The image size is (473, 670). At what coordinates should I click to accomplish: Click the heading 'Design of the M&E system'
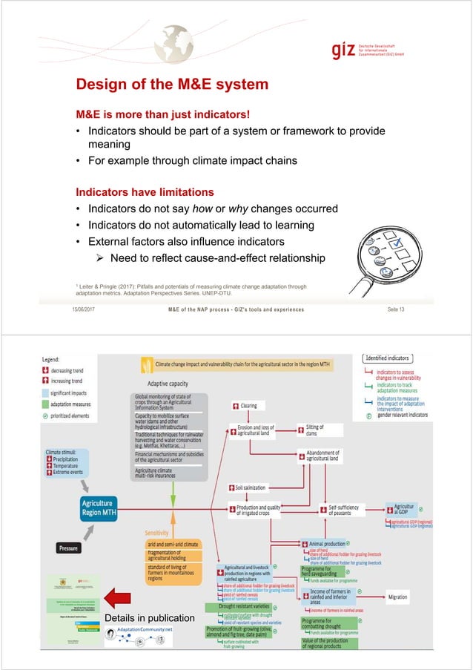(168, 85)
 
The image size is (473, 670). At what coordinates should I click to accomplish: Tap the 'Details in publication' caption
(150, 617)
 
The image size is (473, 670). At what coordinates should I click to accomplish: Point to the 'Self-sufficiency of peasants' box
(343, 510)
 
